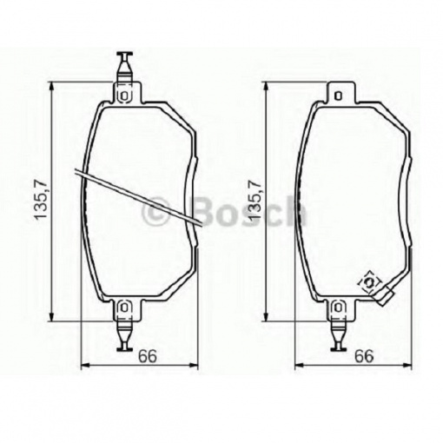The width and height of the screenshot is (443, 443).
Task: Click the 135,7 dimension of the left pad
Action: point(40,200)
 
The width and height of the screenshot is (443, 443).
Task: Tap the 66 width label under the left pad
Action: point(148,357)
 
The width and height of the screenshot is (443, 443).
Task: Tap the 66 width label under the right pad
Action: point(365,357)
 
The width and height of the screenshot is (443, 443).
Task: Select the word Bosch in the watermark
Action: point(250,211)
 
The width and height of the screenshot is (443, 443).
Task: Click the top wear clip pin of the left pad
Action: point(124,67)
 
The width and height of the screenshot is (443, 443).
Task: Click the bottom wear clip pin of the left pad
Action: point(124,337)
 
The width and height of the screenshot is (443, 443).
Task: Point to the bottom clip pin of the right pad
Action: point(338,337)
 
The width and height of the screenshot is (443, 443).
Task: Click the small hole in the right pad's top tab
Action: point(338,96)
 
